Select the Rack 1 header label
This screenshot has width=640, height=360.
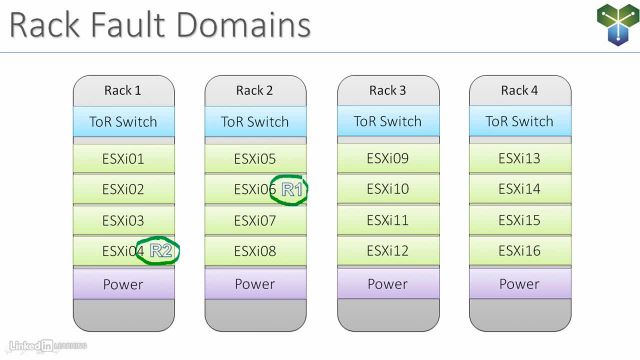click(x=123, y=91)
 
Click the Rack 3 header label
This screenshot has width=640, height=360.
click(x=387, y=91)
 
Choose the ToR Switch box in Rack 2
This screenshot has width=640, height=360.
click(x=255, y=122)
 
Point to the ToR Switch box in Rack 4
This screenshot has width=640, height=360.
click(x=519, y=122)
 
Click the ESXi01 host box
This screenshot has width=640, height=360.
click(x=123, y=158)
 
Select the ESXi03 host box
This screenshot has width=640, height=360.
click(x=123, y=220)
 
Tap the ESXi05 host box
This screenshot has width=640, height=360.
click(x=255, y=158)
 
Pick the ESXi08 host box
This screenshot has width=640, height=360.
click(x=255, y=252)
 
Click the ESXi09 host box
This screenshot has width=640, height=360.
click(x=387, y=158)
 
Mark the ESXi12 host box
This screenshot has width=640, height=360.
click(x=387, y=252)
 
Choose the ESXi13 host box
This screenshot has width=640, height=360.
click(x=519, y=158)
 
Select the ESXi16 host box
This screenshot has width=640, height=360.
click(x=519, y=252)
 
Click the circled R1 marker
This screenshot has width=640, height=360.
click(x=292, y=189)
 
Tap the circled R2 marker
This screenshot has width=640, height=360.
click(x=161, y=252)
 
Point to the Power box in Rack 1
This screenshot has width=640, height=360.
click(x=123, y=284)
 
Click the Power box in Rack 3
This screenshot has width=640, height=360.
click(x=387, y=284)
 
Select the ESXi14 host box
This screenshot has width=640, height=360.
click(x=519, y=189)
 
